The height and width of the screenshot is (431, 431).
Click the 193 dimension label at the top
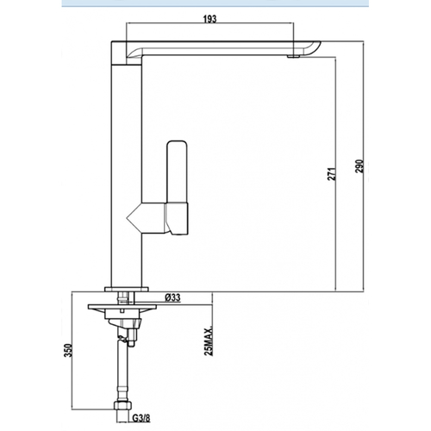209,19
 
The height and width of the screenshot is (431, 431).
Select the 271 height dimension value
332,173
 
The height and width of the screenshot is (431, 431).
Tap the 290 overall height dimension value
359,166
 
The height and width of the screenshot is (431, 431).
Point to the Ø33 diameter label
172,297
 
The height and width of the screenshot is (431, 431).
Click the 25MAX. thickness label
209,340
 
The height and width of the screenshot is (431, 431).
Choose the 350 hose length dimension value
68,350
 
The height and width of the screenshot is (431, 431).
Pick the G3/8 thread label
141,417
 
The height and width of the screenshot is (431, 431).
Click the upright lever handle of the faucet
178,172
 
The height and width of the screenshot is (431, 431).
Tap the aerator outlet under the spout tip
293,57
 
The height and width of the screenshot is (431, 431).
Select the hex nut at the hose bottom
122,406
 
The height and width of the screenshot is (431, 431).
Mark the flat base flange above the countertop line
127,289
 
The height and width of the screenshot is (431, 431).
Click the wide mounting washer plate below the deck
122,307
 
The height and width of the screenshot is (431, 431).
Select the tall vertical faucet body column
127,175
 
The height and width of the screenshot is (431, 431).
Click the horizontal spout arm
222,48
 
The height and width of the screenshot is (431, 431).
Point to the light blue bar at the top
215,3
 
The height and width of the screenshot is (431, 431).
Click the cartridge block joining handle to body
176,217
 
